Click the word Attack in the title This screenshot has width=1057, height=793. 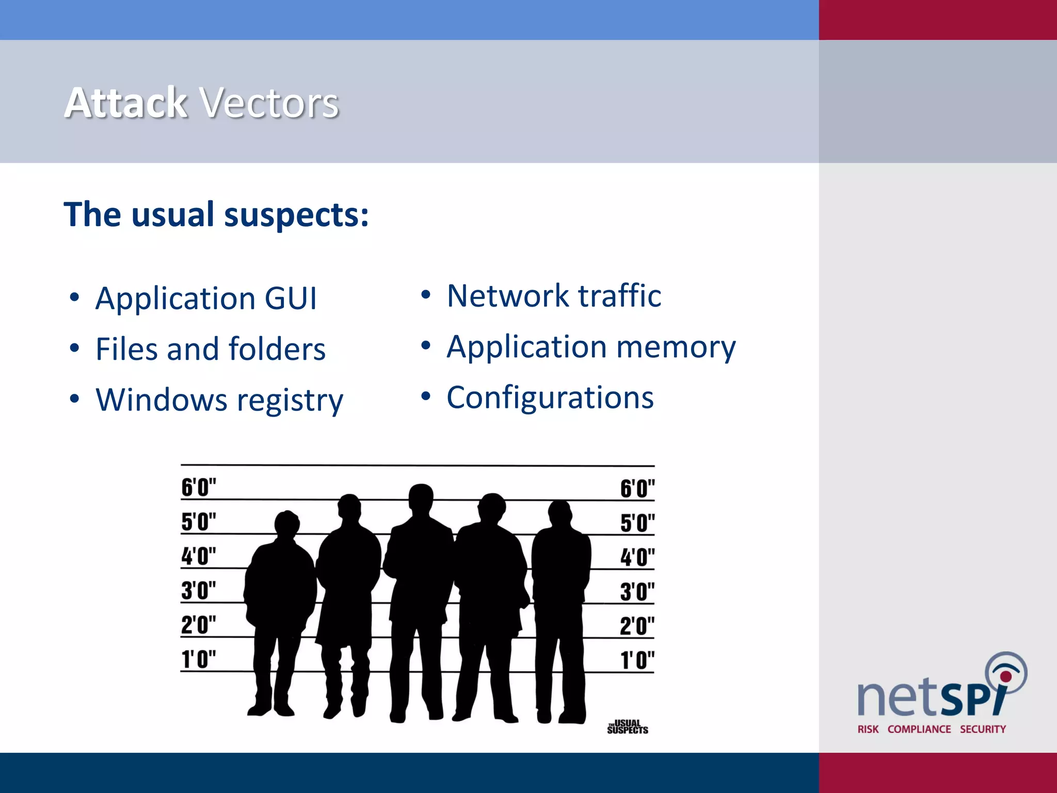125,103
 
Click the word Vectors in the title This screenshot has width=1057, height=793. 269,103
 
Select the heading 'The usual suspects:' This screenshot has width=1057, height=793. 216,214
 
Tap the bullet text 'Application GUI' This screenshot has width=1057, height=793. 206,298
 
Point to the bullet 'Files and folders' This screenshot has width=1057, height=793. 211,349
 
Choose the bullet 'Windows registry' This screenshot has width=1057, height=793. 219,400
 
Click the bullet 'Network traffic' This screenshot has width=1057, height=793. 554,296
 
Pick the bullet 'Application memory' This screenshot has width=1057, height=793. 591,346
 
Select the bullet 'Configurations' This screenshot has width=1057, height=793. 550,398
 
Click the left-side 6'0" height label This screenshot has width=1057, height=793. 199,487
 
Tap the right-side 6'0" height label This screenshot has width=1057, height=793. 637,488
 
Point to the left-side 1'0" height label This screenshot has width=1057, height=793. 199,659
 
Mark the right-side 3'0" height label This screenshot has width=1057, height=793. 637,592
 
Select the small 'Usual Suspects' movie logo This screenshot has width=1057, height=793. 628,727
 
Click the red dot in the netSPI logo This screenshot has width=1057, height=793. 1005,676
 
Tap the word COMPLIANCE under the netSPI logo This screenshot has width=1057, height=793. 919,729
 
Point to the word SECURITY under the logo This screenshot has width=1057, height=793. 983,729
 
